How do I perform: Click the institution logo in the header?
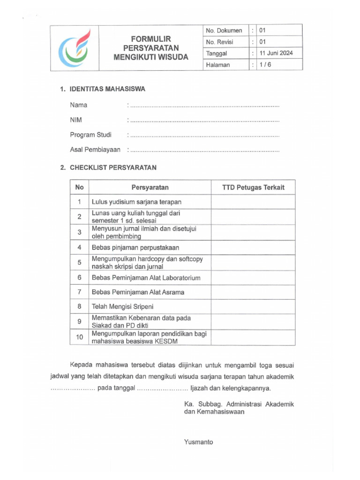[x=75, y=47]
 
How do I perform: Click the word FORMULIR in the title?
[x=150, y=38]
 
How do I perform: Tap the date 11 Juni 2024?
[x=276, y=53]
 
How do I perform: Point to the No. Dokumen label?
[x=224, y=30]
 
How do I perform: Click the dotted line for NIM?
[x=204, y=120]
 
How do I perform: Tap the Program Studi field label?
[x=90, y=135]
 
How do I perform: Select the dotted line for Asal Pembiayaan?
[x=204, y=150]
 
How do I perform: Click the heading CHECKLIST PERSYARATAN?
[x=113, y=167]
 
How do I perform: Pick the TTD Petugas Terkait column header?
[x=253, y=187]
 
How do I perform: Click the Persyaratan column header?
[x=150, y=187]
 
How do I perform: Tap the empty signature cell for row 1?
[x=253, y=202]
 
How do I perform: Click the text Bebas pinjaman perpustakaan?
[x=135, y=247]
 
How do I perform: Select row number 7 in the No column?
[x=79, y=292]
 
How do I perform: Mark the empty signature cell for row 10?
[x=253, y=337]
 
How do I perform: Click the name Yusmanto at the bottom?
[x=199, y=442]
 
